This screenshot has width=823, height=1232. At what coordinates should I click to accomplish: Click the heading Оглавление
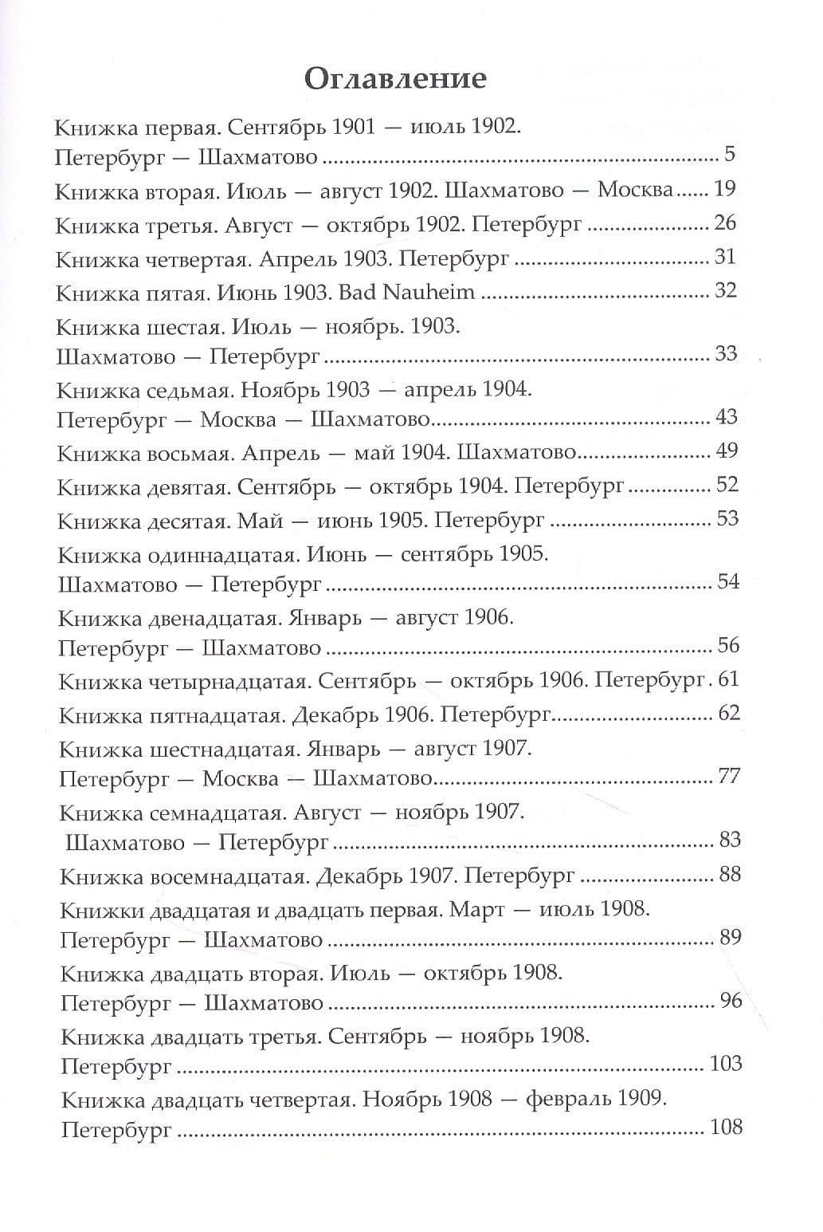[x=395, y=79]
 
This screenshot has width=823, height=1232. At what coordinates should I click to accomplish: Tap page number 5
[x=729, y=154]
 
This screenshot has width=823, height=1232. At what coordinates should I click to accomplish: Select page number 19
[x=725, y=189]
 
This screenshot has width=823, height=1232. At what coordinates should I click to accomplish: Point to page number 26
[x=725, y=222]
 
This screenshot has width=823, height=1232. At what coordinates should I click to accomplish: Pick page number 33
[x=726, y=353]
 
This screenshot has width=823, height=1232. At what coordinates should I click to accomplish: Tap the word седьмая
[x=189, y=389]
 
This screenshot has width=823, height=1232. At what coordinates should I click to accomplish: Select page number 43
[x=726, y=417]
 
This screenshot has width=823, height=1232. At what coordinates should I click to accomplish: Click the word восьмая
[x=190, y=453]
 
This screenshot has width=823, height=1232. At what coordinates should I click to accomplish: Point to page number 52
[x=727, y=485]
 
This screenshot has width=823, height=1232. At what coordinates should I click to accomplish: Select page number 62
[x=729, y=713]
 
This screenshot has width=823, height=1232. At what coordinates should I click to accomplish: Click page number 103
[x=725, y=1064]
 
